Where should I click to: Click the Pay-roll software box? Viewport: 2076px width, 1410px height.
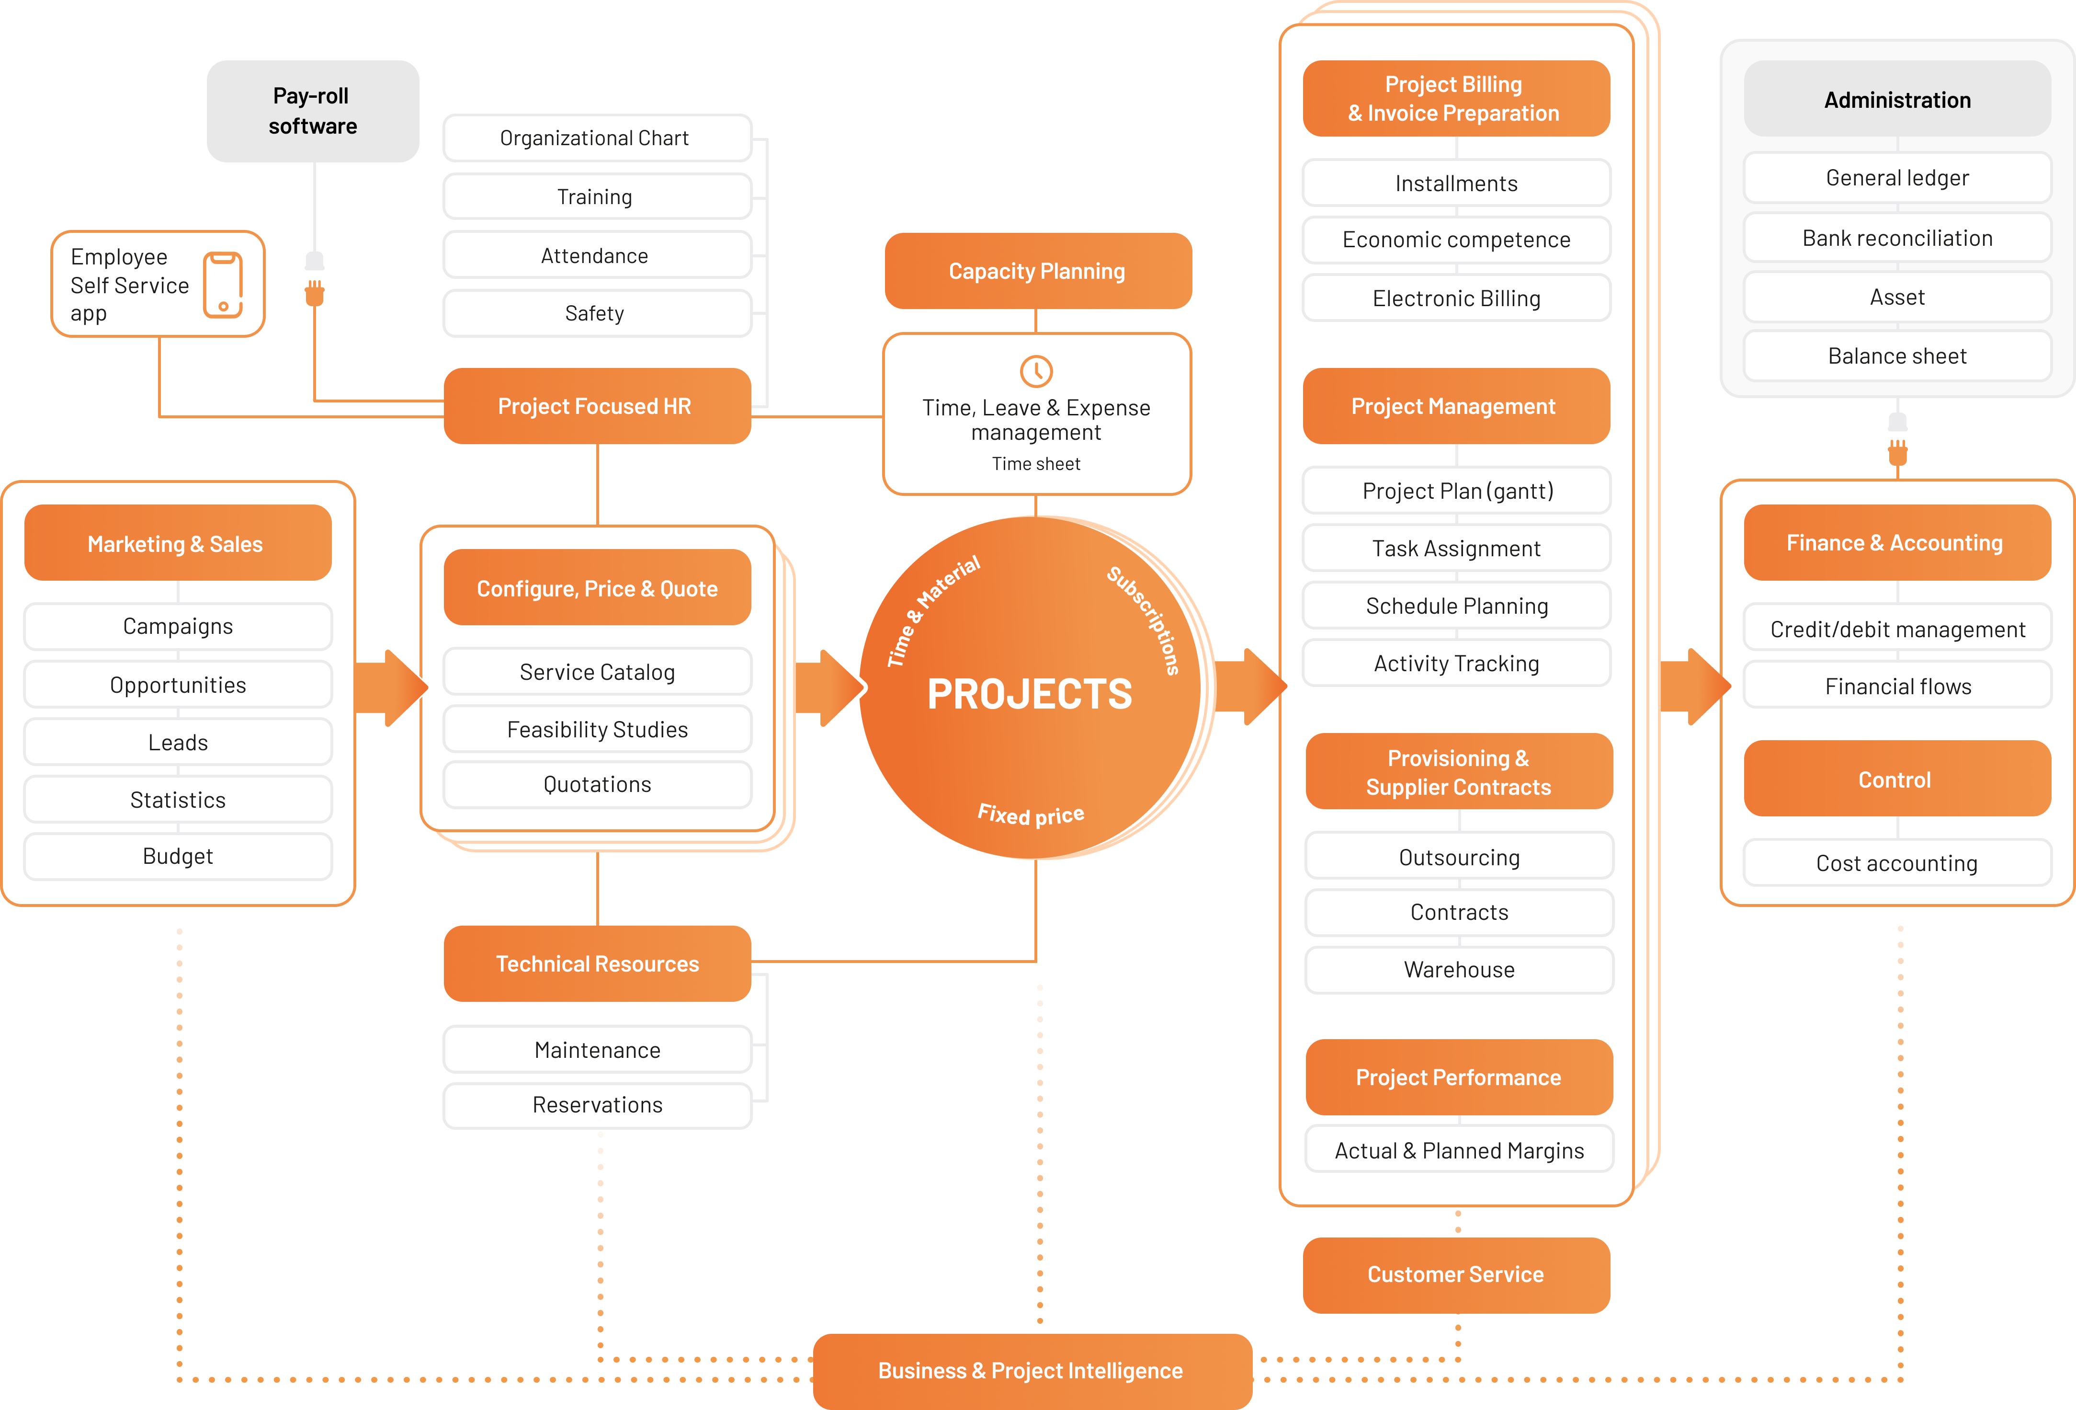(x=313, y=111)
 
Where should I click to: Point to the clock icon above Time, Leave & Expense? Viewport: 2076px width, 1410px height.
(x=1036, y=371)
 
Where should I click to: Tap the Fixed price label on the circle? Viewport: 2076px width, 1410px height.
(x=1031, y=814)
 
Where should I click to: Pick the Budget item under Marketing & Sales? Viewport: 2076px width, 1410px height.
(x=178, y=856)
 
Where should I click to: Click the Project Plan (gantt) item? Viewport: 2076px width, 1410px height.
(x=1456, y=491)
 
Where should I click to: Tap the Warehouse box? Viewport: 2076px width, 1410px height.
(x=1459, y=970)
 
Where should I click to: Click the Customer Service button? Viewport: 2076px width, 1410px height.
(x=1455, y=1274)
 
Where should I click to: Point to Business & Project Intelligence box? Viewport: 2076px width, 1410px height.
(x=1031, y=1371)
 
